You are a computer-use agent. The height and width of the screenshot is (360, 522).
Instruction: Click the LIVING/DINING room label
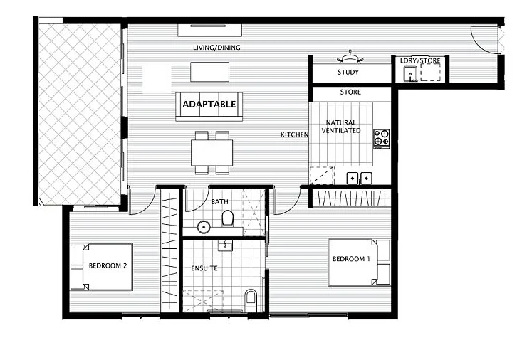pyautogui.click(x=216, y=48)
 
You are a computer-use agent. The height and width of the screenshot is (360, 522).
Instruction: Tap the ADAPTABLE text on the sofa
pyautogui.click(x=209, y=104)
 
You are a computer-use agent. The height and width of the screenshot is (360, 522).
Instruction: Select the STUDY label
pyautogui.click(x=348, y=72)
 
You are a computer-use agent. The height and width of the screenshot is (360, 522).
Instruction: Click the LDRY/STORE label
pyautogui.click(x=420, y=61)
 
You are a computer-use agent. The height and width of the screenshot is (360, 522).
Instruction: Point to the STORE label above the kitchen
pyautogui.click(x=350, y=92)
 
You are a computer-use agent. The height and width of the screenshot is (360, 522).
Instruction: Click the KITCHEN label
pyautogui.click(x=294, y=134)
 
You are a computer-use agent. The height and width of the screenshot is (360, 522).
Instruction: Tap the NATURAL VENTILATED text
pyautogui.click(x=341, y=127)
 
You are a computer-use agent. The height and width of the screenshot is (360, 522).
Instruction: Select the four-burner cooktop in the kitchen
pyautogui.click(x=381, y=137)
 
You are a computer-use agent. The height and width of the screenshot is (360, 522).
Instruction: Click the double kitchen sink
pyautogui.click(x=360, y=178)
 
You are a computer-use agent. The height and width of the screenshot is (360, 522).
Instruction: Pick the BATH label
pyautogui.click(x=220, y=202)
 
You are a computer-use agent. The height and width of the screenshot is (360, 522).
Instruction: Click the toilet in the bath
pyautogui.click(x=228, y=218)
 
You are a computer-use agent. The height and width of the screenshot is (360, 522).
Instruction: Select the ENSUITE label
pyautogui.click(x=204, y=268)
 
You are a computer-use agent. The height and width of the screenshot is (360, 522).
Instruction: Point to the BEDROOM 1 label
pyautogui.click(x=352, y=258)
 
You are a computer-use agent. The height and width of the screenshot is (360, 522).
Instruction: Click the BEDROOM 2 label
pyautogui.click(x=108, y=266)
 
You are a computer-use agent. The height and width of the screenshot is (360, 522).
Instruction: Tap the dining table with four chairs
pyautogui.click(x=212, y=152)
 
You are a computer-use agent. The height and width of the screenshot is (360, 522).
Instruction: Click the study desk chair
pyautogui.click(x=350, y=56)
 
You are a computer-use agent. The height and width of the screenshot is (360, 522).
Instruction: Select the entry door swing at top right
pyautogui.click(x=488, y=39)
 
